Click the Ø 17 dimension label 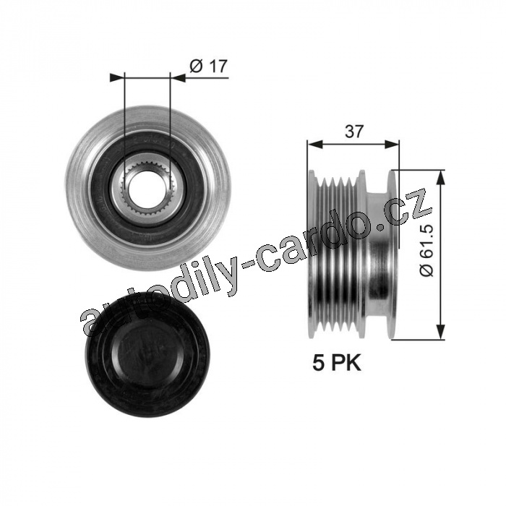pyautogui.click(x=208, y=66)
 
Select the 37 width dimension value pyautogui.click(x=354, y=132)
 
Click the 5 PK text pyautogui.click(x=337, y=363)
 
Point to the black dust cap pyautogui.click(x=148, y=354)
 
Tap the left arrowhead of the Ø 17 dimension pyautogui.click(x=117, y=78)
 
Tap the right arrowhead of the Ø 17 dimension pyautogui.click(x=178, y=78)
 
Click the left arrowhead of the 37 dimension pyautogui.click(x=315, y=145)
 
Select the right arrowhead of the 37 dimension pyautogui.click(x=392, y=145)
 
